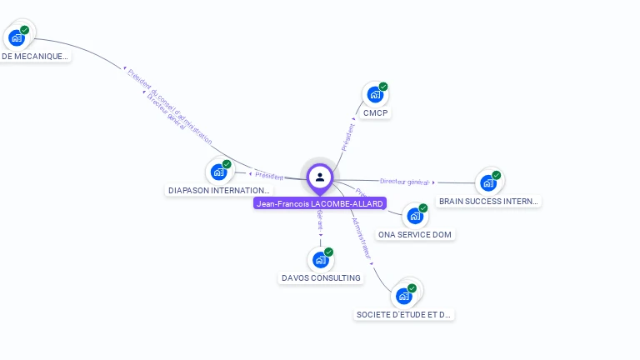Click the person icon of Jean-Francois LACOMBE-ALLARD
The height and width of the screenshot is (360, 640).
click(x=320, y=177)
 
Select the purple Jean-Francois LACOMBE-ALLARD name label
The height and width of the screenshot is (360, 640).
click(x=320, y=203)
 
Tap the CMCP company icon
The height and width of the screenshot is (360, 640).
click(x=374, y=95)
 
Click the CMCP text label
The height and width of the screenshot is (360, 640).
click(x=376, y=112)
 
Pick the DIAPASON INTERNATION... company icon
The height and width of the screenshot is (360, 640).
click(x=218, y=172)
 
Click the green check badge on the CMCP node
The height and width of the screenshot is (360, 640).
click(x=383, y=87)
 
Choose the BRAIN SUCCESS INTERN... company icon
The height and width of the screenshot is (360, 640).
click(x=487, y=182)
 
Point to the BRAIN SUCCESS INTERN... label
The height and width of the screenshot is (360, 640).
click(x=489, y=202)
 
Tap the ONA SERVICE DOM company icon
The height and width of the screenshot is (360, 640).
click(x=414, y=216)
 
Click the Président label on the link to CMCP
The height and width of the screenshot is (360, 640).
click(x=348, y=137)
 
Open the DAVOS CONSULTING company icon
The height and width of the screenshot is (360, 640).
click(x=320, y=259)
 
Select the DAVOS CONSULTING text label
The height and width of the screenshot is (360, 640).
click(x=321, y=277)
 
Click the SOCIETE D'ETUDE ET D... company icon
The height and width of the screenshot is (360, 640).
click(x=404, y=295)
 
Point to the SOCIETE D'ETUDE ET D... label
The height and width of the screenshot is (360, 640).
click(x=404, y=315)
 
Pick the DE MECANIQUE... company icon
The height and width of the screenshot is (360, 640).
click(x=17, y=37)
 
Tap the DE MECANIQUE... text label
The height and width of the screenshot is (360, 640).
click(x=34, y=57)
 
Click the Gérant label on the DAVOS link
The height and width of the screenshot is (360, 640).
click(x=320, y=220)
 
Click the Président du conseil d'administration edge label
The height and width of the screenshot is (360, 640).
click(x=170, y=106)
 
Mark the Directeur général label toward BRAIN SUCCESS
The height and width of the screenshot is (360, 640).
click(x=404, y=181)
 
